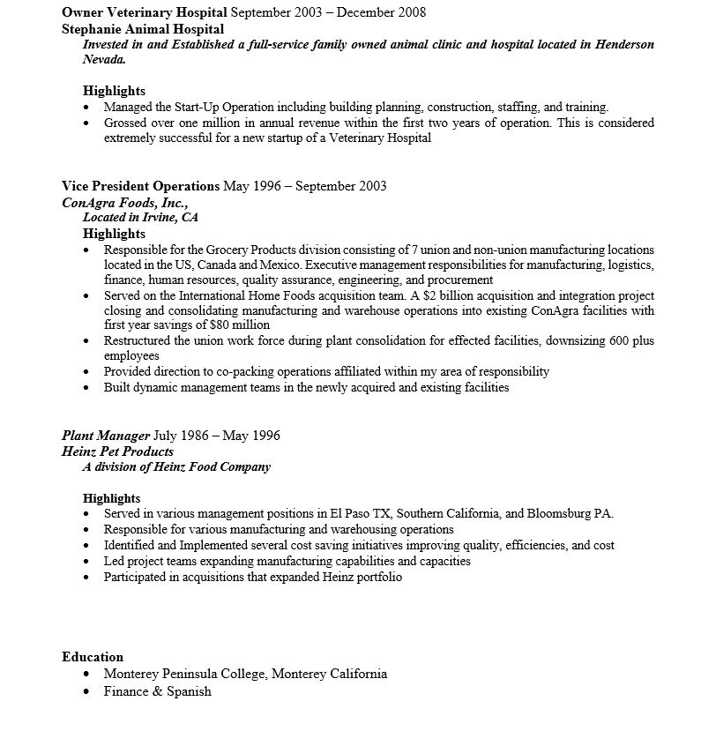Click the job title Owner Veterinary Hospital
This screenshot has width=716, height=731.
coord(145,12)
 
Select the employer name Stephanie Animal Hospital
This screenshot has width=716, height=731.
coord(143,28)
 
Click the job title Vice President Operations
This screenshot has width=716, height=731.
coord(140,186)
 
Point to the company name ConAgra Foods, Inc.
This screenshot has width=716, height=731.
coord(124,202)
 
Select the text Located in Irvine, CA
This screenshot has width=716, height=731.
coord(140,217)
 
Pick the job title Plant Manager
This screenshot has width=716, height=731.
coord(106,436)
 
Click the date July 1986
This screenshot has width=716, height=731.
coord(182,436)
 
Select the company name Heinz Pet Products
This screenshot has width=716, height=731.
coord(117,451)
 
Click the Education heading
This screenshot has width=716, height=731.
coord(93,657)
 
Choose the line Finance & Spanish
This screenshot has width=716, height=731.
coord(157,691)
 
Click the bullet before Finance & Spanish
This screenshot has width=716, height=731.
coord(86,692)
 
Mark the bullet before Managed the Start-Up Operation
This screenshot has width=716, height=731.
coord(86,108)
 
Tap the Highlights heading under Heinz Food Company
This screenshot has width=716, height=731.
coord(111,498)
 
